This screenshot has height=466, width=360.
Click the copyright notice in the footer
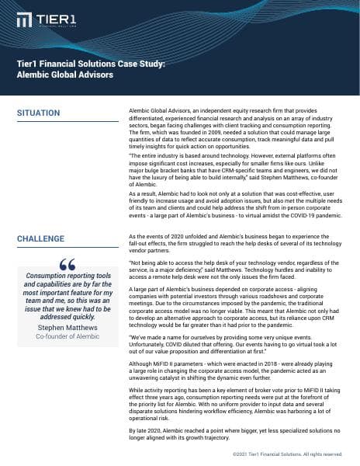(286, 454)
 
